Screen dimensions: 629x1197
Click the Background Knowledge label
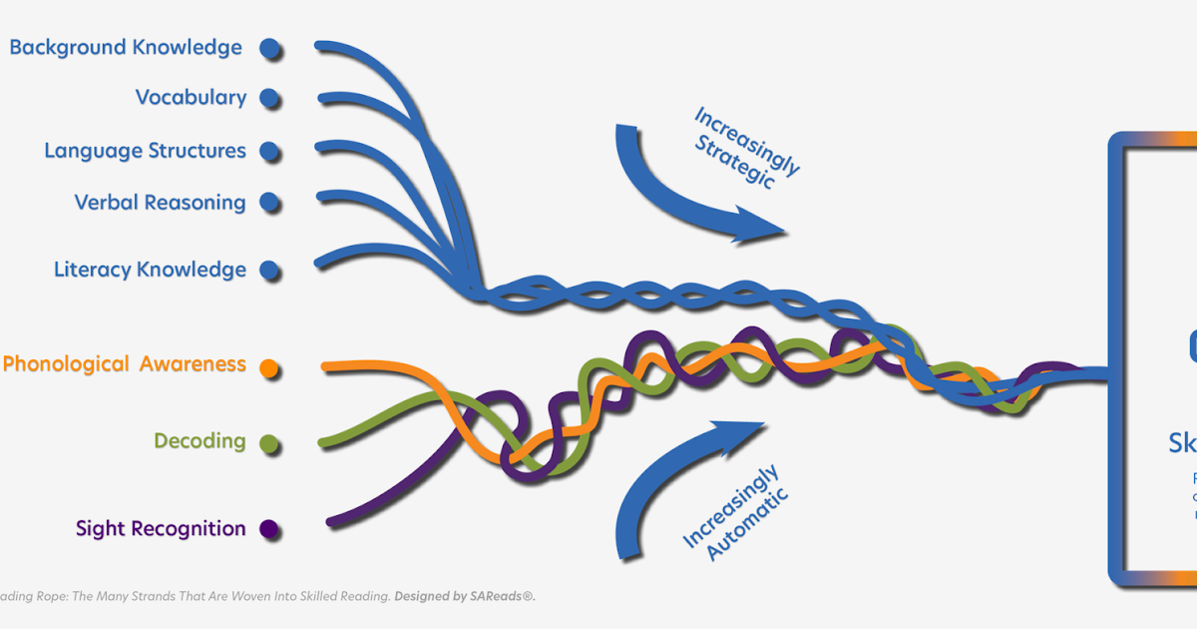tap(126, 47)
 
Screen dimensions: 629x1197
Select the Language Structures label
tap(145, 151)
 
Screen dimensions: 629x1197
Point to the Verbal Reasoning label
tap(160, 203)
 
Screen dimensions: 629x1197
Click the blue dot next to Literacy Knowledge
tap(268, 270)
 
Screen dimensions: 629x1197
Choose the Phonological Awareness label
tap(125, 364)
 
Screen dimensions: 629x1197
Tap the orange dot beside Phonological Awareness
tap(268, 367)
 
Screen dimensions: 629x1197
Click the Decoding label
tap(199, 440)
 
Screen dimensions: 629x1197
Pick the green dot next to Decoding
tap(268, 442)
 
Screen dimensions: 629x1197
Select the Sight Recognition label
tap(161, 529)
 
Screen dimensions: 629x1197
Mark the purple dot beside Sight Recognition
tap(268, 529)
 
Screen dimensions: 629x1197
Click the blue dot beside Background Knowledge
tap(268, 47)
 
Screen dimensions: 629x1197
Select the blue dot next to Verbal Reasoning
tap(268, 203)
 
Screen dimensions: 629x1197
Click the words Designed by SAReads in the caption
tap(465, 596)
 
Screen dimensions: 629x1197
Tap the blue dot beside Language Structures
tap(268, 152)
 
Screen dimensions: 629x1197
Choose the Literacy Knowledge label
tap(150, 270)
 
